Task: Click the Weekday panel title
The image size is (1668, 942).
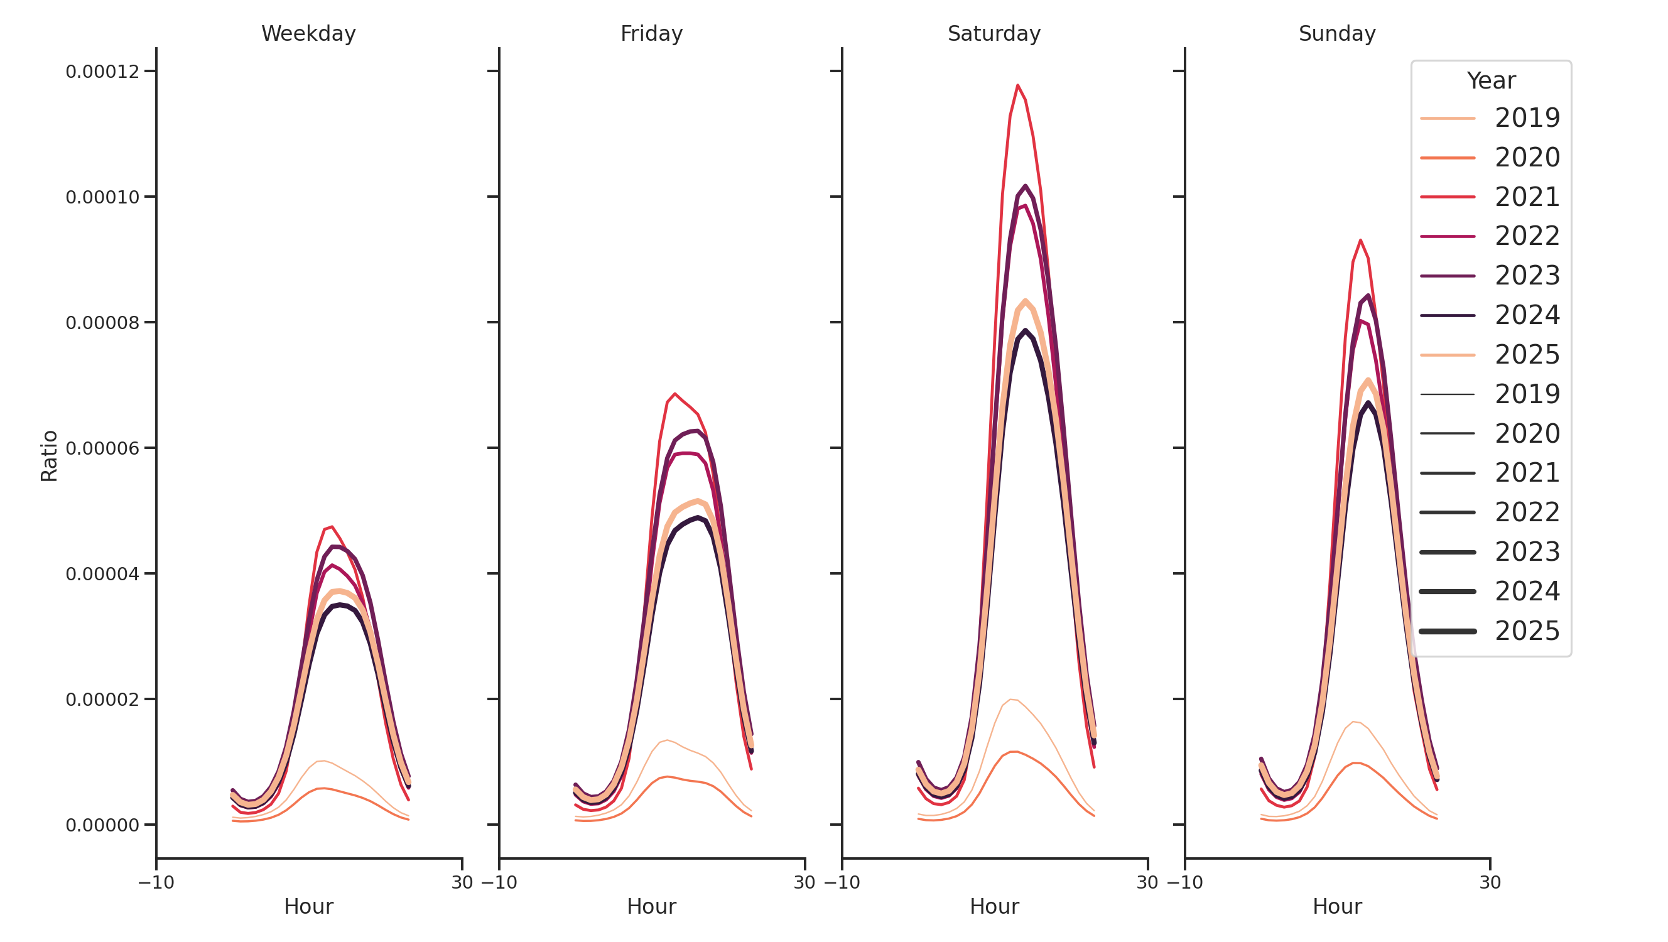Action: click(x=308, y=34)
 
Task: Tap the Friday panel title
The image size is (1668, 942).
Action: click(x=651, y=34)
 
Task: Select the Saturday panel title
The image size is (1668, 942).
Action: click(x=994, y=34)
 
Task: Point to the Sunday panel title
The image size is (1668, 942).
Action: click(x=1336, y=34)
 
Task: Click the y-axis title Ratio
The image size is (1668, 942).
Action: click(x=49, y=456)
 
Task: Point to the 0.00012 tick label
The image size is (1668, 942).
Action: click(x=102, y=72)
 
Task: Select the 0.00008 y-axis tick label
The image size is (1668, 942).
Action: click(x=102, y=323)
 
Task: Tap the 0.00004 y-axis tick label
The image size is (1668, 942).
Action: click(x=102, y=574)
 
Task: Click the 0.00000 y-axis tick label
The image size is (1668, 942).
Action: click(x=102, y=825)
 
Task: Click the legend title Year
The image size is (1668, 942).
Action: click(x=1490, y=81)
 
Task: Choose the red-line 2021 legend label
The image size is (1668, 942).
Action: click(x=1527, y=197)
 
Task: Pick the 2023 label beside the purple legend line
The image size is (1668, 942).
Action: click(x=1527, y=276)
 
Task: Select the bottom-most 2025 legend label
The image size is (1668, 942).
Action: click(x=1527, y=631)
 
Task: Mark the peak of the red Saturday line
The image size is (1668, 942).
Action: click(x=1017, y=85)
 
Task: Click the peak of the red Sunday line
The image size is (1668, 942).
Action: click(x=1360, y=240)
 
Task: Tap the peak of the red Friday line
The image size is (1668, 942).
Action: click(x=674, y=394)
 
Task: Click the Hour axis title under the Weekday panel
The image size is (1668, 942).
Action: click(x=308, y=906)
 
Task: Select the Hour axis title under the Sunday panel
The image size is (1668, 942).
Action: click(x=1336, y=906)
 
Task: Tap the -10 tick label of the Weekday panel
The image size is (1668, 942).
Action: click(x=156, y=882)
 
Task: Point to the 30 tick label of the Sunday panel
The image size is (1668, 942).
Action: click(x=1490, y=882)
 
